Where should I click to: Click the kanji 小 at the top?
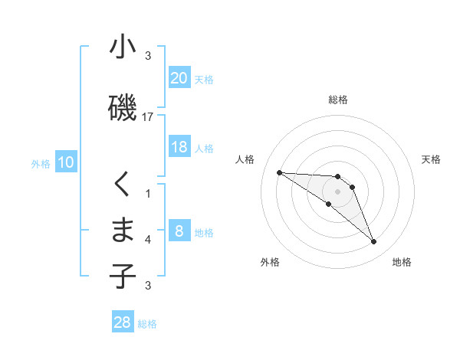pyautogui.click(x=123, y=47)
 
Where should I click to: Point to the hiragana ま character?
pyautogui.click(x=123, y=231)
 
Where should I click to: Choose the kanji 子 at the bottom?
pyautogui.click(x=123, y=276)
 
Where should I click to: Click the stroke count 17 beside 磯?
pyautogui.click(x=148, y=116)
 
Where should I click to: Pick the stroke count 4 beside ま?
pyautogui.click(x=148, y=240)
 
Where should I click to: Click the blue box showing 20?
pyautogui.click(x=179, y=78)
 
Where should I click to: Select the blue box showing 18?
pyautogui.click(x=179, y=148)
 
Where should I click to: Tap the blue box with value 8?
pyautogui.click(x=179, y=232)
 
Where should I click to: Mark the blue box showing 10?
pyautogui.click(x=66, y=162)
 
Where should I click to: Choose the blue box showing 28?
pyautogui.click(x=123, y=322)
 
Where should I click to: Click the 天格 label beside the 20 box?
pyautogui.click(x=204, y=79)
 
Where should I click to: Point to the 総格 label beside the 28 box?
pyautogui.click(x=148, y=324)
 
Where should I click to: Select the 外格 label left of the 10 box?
pyautogui.click(x=41, y=163)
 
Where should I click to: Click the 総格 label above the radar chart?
pyautogui.click(x=338, y=100)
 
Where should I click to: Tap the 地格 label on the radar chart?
pyautogui.click(x=402, y=263)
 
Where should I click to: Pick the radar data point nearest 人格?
pyautogui.click(x=279, y=172)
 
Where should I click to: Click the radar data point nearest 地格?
pyautogui.click(x=373, y=242)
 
